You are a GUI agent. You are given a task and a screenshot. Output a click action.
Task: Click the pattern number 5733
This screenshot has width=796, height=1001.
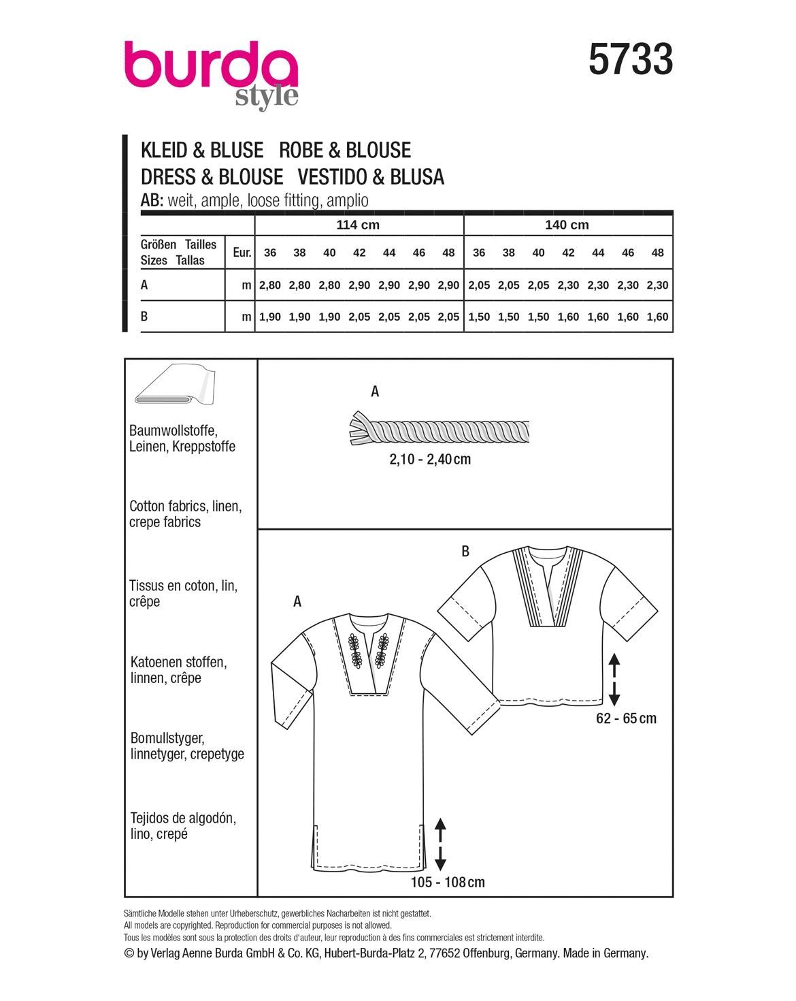point(631,59)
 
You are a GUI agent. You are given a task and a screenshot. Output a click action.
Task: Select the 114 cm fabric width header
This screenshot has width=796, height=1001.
point(358,225)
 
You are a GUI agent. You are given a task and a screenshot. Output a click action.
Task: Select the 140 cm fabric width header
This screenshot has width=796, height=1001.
point(567,225)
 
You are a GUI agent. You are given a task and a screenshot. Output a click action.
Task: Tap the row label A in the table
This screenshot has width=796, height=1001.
point(144,286)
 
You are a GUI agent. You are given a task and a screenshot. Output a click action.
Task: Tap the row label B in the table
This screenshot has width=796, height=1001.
point(144,317)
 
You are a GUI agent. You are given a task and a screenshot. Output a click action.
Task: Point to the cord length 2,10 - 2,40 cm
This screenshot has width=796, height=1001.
point(430,459)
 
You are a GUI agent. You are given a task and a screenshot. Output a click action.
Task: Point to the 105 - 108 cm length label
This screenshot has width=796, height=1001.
point(448,883)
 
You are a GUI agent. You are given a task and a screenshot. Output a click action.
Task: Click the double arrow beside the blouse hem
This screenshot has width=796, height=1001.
point(614,679)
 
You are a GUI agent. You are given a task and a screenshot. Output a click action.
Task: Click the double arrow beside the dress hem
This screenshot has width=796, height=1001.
point(440,844)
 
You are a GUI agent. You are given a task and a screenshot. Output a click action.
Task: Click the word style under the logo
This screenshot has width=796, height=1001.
point(267,97)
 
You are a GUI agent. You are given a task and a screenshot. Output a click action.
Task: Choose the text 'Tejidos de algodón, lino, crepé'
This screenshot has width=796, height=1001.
point(183,826)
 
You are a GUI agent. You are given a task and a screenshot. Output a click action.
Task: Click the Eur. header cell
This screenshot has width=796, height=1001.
point(242,253)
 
